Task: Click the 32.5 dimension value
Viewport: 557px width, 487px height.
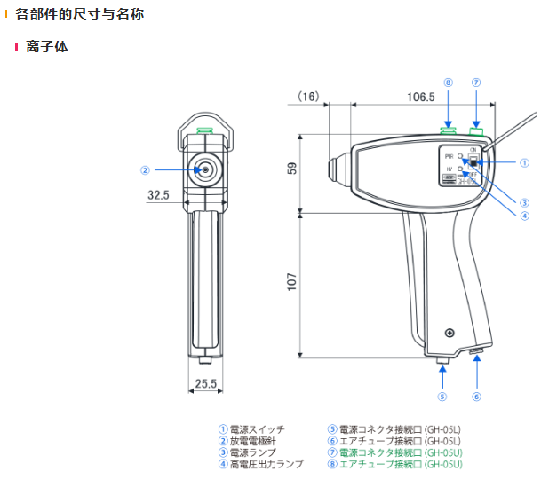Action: pyautogui.click(x=158, y=194)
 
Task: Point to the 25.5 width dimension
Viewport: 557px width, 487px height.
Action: pyautogui.click(x=205, y=384)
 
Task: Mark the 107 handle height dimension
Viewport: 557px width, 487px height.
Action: pyautogui.click(x=292, y=282)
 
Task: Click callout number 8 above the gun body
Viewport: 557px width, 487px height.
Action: pyautogui.click(x=449, y=82)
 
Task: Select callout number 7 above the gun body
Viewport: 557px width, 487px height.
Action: pyautogui.click(x=476, y=82)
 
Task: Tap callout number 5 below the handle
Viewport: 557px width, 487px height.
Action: pyautogui.click(x=442, y=396)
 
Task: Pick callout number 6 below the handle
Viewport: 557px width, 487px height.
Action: pyautogui.click(x=476, y=396)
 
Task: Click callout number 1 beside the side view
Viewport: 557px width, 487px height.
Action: pyautogui.click(x=524, y=162)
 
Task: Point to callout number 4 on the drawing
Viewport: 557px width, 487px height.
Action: pyautogui.click(x=524, y=214)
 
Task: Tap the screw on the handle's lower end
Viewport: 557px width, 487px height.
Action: pyautogui.click(x=451, y=333)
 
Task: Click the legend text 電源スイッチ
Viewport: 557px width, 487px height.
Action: pyautogui.click(x=258, y=429)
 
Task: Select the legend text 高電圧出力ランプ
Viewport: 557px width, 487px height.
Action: pyautogui.click(x=267, y=464)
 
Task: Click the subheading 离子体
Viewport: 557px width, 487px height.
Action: pyautogui.click(x=47, y=46)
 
